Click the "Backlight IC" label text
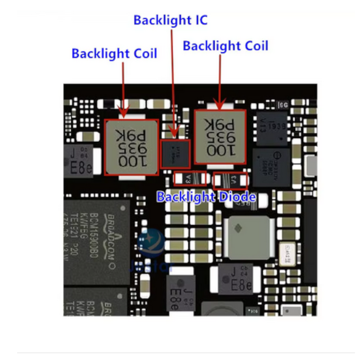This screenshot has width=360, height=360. point(171,20)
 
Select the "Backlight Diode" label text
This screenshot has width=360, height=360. point(206,197)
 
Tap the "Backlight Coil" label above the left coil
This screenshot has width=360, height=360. point(114,54)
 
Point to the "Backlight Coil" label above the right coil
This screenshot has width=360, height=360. point(225,46)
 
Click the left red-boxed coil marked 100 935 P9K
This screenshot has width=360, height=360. point(132,147)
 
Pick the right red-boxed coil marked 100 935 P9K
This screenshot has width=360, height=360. point(220,137)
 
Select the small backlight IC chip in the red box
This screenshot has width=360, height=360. point(175,153)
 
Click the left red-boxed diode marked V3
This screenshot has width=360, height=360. point(190,179)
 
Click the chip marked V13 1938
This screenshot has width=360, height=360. point(271,126)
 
